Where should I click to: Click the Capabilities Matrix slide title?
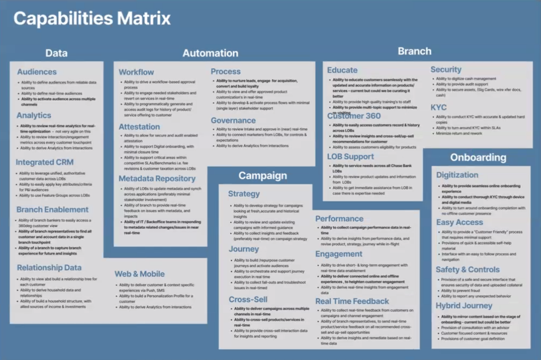(x=92, y=18)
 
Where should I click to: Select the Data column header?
(x=57, y=53)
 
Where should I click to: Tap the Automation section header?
(x=210, y=53)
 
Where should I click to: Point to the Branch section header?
(x=414, y=51)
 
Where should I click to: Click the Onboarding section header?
(x=478, y=157)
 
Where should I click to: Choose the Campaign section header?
(x=263, y=175)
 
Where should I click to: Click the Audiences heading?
(x=37, y=72)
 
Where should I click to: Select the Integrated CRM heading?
(x=45, y=162)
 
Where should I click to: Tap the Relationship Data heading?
(x=49, y=268)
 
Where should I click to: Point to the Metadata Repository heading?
(x=157, y=178)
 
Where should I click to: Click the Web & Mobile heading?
(x=139, y=274)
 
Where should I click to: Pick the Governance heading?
(x=233, y=121)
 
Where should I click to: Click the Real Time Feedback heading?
(x=352, y=301)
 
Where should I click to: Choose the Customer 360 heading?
(x=354, y=116)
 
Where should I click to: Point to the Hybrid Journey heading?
(x=464, y=306)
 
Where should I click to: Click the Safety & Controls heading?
(x=468, y=270)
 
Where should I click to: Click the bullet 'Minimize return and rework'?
(x=459, y=133)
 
